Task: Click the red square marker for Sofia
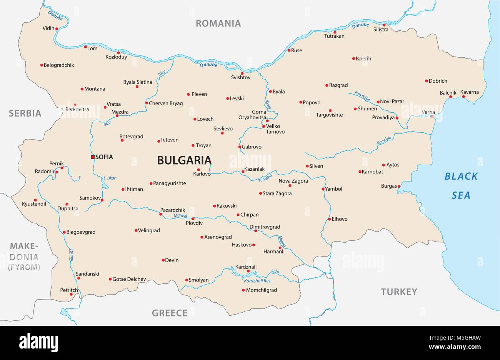click(x=92, y=157)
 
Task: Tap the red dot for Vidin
click(x=57, y=28)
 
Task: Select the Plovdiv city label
click(x=194, y=223)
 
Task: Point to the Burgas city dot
click(x=399, y=187)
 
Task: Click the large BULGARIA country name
click(x=184, y=160)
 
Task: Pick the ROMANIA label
click(x=218, y=23)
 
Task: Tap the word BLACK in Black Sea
click(x=461, y=177)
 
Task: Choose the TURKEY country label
click(x=399, y=292)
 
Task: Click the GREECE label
click(x=170, y=313)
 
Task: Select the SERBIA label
click(x=25, y=113)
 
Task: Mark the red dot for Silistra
click(x=384, y=25)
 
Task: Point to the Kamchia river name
click(x=384, y=141)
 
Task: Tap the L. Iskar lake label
click(x=110, y=178)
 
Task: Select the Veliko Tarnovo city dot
click(x=263, y=126)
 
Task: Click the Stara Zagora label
click(x=277, y=193)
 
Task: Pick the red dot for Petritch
click(x=71, y=295)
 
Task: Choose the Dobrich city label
click(x=438, y=81)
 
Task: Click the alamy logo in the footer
click(x=39, y=342)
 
